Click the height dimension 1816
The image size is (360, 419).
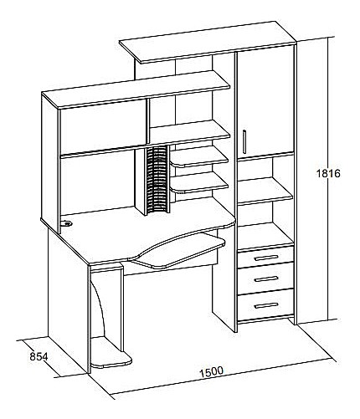328,173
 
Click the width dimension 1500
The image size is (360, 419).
211,372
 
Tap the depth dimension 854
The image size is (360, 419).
39,356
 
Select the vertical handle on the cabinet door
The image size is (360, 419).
244,141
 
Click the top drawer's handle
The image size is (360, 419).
266,258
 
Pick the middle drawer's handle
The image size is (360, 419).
266,279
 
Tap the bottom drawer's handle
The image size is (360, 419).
266,306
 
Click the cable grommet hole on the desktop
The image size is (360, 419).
66,223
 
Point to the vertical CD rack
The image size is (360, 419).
157,180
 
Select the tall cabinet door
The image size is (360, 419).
265,102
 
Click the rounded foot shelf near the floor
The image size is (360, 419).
111,353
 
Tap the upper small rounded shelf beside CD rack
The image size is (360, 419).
199,156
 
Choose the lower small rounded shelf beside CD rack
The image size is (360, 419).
199,182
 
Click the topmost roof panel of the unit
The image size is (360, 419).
208,42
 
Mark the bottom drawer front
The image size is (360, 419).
265,305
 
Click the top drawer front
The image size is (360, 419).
265,257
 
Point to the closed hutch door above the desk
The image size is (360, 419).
103,126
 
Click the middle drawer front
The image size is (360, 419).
265,278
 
